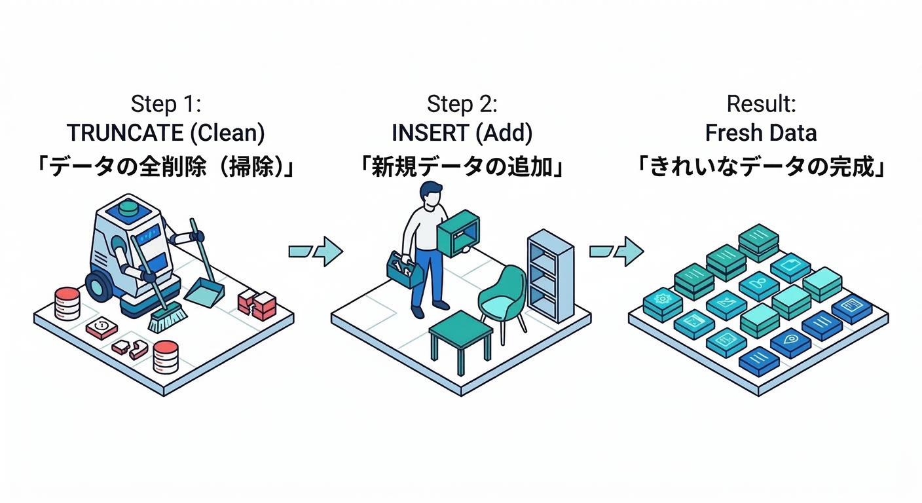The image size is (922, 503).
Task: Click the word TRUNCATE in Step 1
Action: pyautogui.click(x=125, y=133)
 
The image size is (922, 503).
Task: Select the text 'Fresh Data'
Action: pyautogui.click(x=761, y=133)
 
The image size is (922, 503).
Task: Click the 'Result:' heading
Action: pyautogui.click(x=760, y=103)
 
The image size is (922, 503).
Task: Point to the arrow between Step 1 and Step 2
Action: pyautogui.click(x=316, y=251)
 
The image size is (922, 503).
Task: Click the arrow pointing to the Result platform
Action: pyautogui.click(x=616, y=251)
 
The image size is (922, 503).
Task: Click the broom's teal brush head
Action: pyautogui.click(x=168, y=320)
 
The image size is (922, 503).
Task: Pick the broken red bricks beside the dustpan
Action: pyautogui.click(x=257, y=304)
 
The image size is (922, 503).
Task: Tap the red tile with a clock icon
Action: pyautogui.click(x=101, y=326)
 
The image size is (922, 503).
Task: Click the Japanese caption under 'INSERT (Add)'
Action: pyautogui.click(x=462, y=166)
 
